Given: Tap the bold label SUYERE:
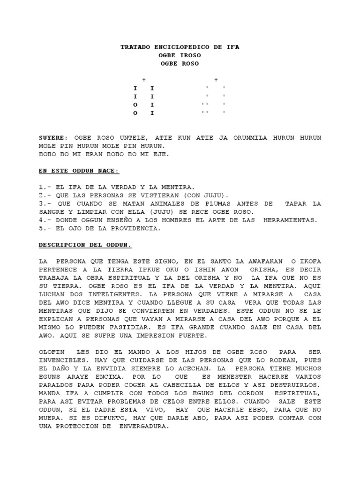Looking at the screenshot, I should (x=53, y=138).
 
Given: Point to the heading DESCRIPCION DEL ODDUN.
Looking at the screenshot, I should (x=85, y=245).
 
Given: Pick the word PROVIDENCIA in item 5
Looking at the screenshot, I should (x=139, y=228).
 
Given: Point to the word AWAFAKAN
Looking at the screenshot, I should (x=269, y=261).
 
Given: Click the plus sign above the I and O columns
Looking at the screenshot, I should (x=144, y=80).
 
